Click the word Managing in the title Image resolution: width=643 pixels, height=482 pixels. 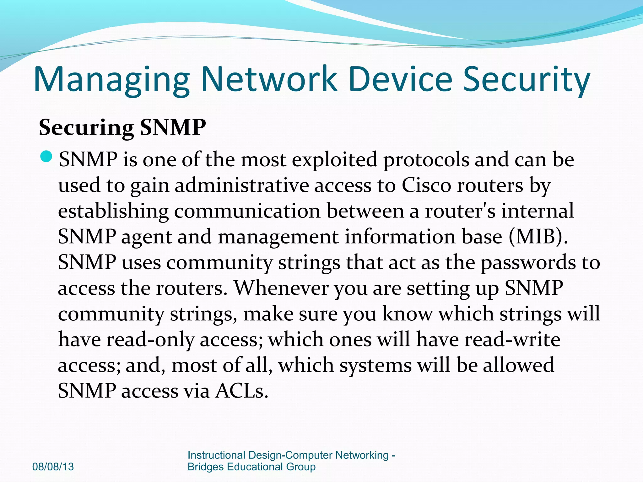click(x=111, y=80)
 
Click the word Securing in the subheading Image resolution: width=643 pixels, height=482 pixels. click(x=86, y=128)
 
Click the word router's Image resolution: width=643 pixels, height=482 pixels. click(x=460, y=211)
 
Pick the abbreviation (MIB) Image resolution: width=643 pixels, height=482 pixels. click(x=538, y=237)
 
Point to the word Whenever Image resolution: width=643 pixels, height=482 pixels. click(x=281, y=288)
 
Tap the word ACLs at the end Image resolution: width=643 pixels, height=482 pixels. click(x=241, y=391)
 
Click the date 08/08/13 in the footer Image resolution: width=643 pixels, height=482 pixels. click(x=53, y=467)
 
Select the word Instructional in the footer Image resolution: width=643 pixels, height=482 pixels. click(x=216, y=455)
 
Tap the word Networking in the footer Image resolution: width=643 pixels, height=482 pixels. click(x=362, y=455)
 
